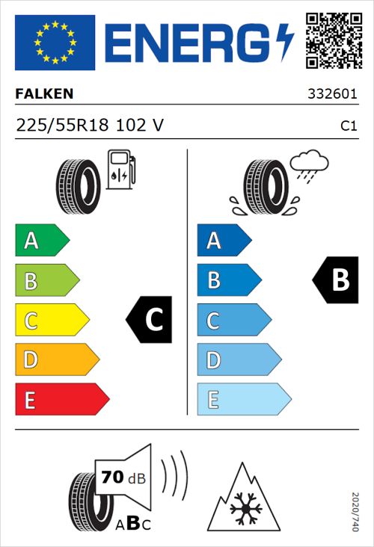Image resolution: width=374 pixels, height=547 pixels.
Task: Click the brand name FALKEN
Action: coord(44,95)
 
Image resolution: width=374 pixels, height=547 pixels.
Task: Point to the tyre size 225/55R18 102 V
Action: coord(90,126)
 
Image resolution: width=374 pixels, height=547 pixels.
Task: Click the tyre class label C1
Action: coord(348,126)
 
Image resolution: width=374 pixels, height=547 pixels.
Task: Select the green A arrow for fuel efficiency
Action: coord(41,241)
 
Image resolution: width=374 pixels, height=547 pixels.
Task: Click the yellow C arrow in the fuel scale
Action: coord(51,321)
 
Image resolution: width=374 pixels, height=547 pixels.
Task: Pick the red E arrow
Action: coord(61,400)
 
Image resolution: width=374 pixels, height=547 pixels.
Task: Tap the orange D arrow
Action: coord(56,360)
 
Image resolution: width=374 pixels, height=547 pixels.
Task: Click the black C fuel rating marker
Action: coord(150,321)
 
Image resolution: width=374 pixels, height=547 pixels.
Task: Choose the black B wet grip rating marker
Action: coord(334,280)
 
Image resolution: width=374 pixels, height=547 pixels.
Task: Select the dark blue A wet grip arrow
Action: coord(224,241)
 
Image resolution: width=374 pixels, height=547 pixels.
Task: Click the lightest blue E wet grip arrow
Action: coord(243,400)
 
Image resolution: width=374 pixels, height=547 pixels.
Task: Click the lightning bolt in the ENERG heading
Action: coord(285,40)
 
